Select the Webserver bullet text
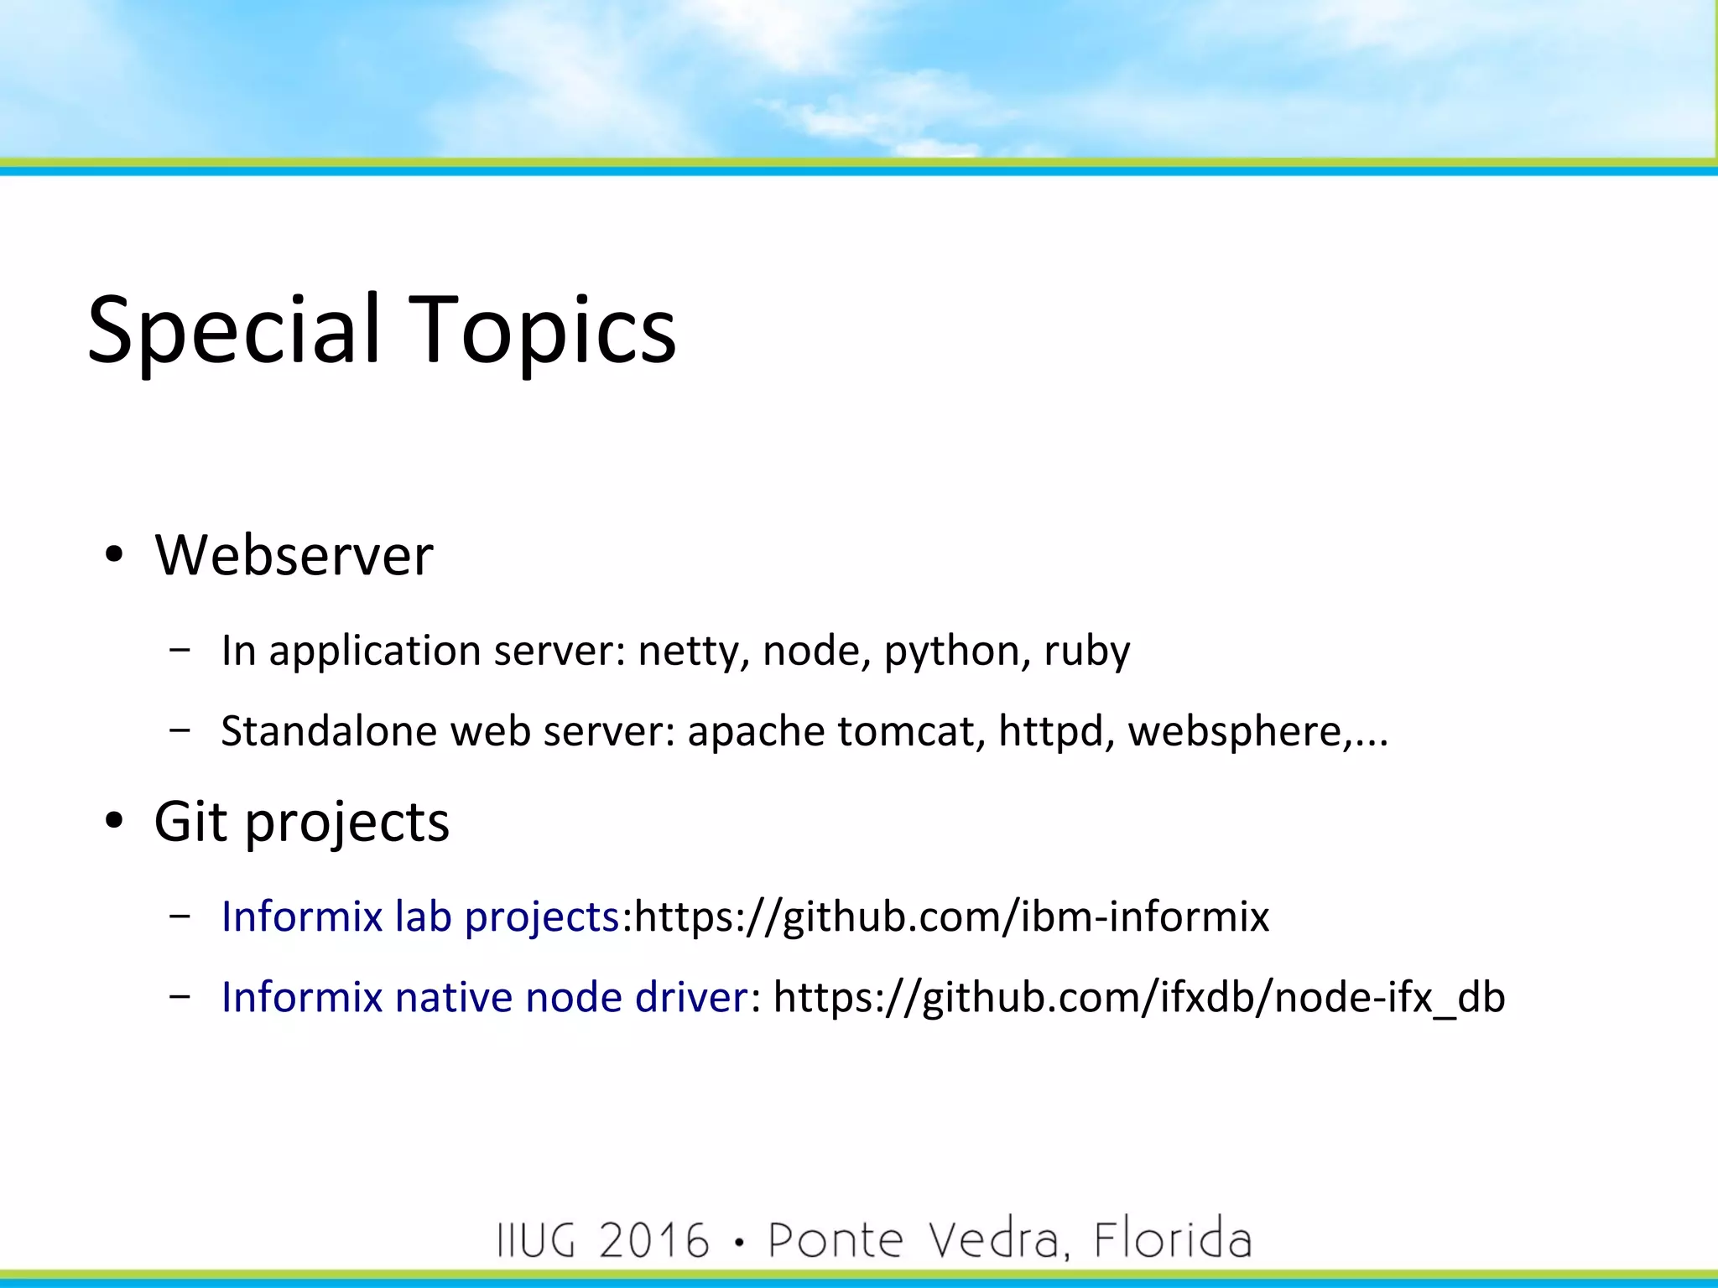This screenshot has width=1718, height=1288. [294, 555]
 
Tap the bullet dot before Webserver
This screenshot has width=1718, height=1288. [114, 555]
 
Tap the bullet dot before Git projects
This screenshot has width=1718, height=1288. [114, 821]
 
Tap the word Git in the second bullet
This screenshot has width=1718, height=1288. [190, 821]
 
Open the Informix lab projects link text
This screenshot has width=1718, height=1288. [420, 917]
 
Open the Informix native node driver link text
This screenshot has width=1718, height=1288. [484, 997]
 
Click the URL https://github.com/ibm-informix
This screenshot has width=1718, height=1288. [951, 917]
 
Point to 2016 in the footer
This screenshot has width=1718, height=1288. [654, 1240]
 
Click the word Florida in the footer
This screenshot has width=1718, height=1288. [1172, 1240]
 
